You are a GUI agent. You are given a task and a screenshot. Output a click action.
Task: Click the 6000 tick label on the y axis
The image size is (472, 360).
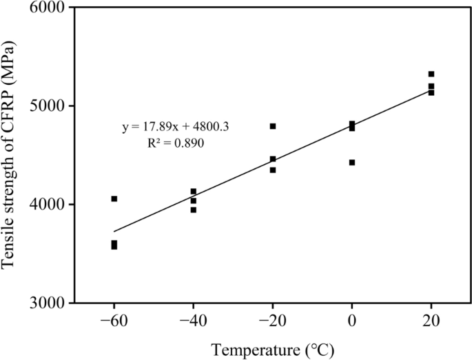45,8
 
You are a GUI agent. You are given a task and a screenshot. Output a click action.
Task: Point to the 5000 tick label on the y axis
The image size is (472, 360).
45,106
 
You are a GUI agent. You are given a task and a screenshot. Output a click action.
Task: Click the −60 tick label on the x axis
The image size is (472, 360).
114,321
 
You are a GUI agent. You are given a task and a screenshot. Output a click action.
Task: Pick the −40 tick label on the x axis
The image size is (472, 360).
193,321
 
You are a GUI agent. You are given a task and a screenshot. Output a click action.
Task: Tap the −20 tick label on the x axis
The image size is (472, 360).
272,321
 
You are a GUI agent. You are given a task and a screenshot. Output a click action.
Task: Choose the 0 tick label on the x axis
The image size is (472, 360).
352,321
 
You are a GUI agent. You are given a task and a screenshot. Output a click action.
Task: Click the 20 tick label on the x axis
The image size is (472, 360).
431,321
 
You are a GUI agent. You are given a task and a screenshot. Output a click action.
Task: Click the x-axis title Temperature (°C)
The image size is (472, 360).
273,350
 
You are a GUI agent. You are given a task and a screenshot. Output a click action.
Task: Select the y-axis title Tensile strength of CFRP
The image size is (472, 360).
12,155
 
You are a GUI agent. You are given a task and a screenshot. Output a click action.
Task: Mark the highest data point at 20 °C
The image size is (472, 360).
431,74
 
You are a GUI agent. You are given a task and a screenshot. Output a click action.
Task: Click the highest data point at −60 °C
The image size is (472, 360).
114,199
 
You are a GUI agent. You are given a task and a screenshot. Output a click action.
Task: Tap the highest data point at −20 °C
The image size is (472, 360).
273,126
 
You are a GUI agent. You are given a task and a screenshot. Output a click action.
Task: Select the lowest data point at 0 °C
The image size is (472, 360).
352,163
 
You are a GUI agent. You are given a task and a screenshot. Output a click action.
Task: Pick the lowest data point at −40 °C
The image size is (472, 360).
194,210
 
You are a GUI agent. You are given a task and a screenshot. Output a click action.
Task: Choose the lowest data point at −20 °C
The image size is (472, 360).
273,170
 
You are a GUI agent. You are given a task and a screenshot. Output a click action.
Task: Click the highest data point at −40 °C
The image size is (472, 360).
194,192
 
